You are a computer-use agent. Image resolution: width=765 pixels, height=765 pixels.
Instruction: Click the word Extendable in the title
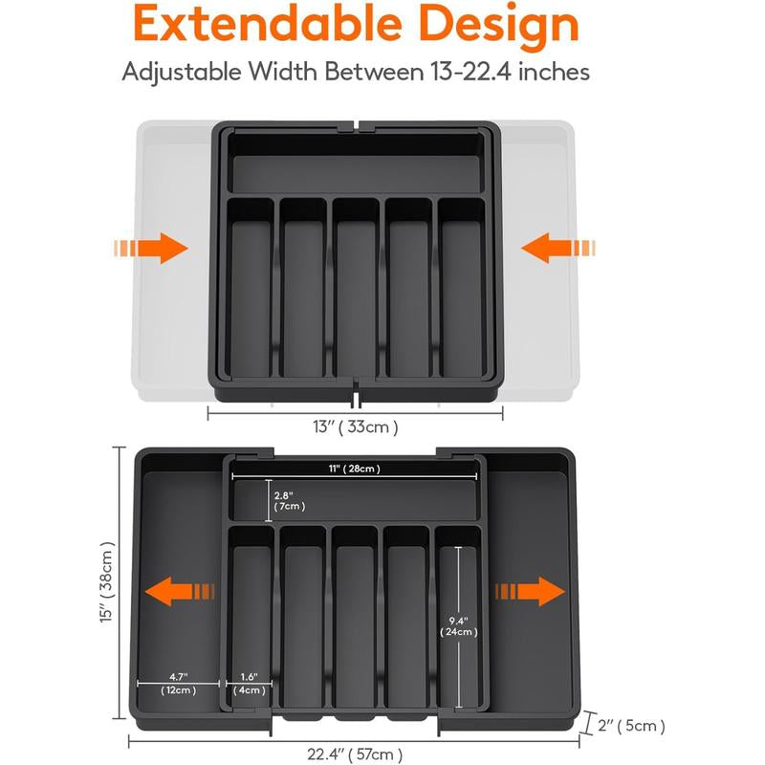[269, 26]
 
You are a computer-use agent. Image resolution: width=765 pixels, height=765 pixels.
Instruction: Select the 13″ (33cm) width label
[356, 426]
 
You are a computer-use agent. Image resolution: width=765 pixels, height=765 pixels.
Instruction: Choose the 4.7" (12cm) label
[179, 683]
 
